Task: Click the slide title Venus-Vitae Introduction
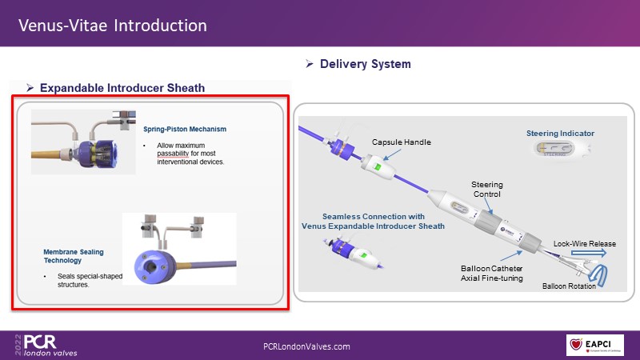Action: pos(113,26)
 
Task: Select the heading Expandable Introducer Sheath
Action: pos(122,87)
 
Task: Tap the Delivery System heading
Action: pos(366,63)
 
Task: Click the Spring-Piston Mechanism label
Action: pos(186,128)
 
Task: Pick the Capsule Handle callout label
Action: pos(401,142)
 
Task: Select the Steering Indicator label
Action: pos(560,133)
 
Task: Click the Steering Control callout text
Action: pos(486,189)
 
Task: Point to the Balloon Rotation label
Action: pos(569,286)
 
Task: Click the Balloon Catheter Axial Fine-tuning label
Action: pos(492,273)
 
